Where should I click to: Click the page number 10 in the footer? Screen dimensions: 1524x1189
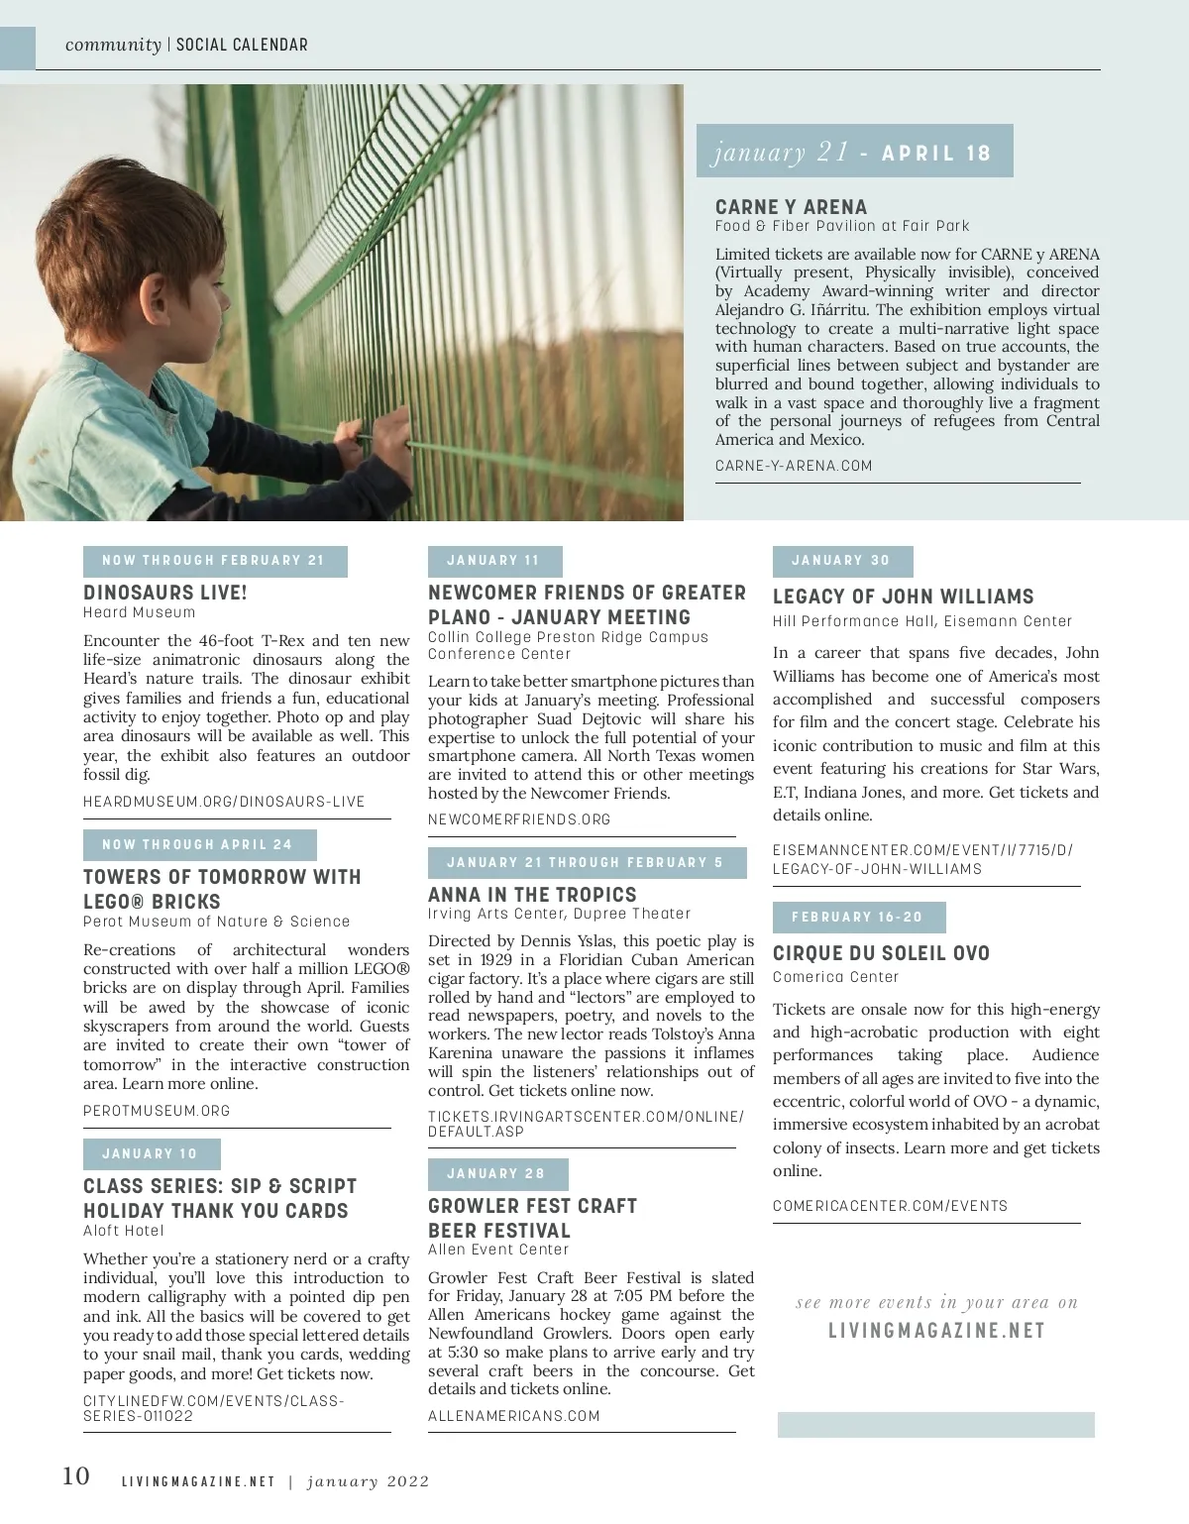click(76, 1476)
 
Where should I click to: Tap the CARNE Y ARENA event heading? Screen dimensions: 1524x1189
click(791, 207)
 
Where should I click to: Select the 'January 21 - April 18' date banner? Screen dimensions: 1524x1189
click(854, 152)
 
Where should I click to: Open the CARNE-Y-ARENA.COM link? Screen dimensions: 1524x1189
click(794, 466)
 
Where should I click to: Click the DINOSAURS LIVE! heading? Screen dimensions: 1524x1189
click(165, 593)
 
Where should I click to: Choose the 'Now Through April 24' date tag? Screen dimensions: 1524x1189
click(199, 845)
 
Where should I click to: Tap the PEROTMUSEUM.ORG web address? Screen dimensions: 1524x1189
click(157, 1111)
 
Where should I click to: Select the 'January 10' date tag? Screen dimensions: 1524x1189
click(151, 1154)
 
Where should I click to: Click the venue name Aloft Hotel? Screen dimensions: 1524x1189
click(124, 1231)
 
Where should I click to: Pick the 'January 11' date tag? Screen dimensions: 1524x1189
click(494, 561)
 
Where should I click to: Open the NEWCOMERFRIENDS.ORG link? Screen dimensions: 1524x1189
click(519, 819)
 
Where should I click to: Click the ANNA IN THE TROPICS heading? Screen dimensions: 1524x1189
click(532, 894)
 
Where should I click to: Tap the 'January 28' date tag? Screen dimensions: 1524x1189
click(497, 1174)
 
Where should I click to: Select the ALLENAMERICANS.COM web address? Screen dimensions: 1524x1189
click(514, 1416)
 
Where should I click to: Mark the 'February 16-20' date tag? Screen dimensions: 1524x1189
click(858, 918)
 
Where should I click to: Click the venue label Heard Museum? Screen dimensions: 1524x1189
click(140, 612)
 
